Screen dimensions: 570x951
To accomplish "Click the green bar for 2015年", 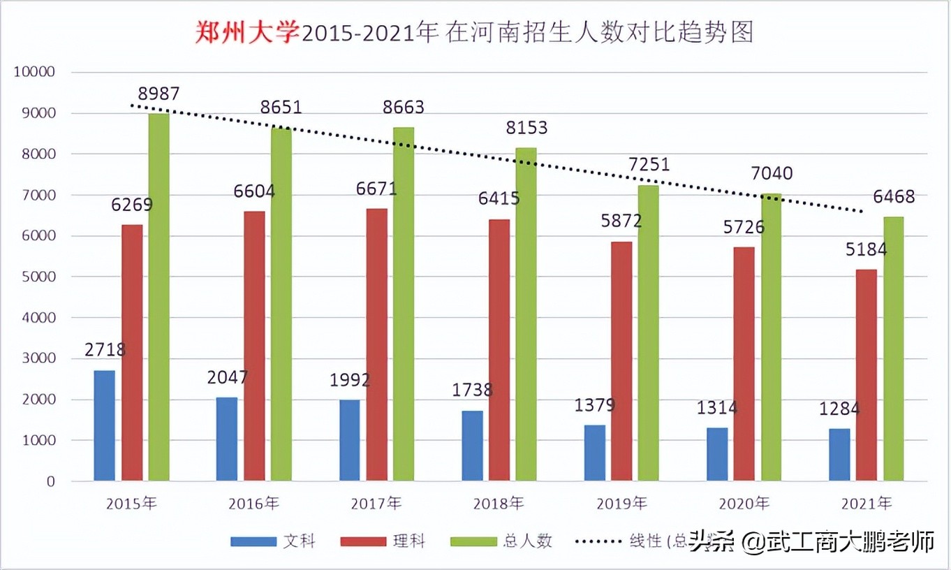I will point(158,297).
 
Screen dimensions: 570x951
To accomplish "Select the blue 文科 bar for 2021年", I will point(839,455).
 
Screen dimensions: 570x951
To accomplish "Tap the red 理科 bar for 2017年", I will point(376,344).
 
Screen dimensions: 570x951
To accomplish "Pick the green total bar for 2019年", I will point(648,332).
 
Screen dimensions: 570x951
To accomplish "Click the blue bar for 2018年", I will point(472,446).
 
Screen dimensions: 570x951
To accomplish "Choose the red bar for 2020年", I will point(744,364).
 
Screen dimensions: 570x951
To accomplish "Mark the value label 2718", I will point(105,349).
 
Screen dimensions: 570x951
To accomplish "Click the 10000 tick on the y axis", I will point(34,72).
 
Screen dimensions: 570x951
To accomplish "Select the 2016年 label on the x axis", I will point(254,503).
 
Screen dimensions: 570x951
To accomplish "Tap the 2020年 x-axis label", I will point(744,503).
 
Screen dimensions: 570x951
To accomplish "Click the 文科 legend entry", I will point(273,541).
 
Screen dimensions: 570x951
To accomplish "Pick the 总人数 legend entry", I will point(501,541).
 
